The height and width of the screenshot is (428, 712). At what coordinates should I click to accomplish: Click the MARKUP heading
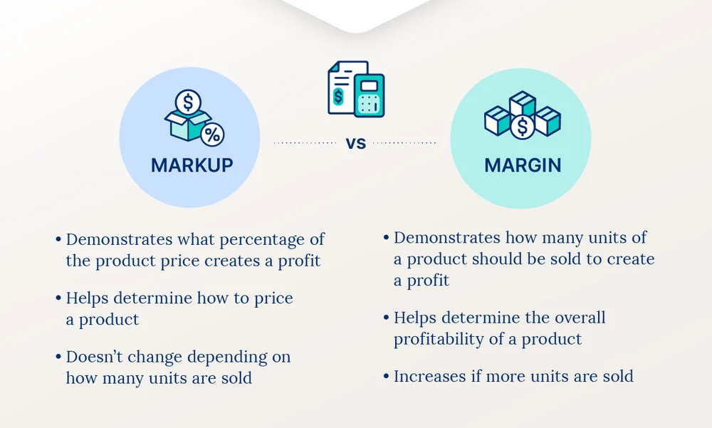click(192, 165)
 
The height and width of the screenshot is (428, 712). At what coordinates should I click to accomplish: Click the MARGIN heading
click(523, 165)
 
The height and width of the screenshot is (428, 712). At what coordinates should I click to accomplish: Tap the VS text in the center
click(356, 143)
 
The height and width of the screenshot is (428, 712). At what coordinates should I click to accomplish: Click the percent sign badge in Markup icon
click(212, 134)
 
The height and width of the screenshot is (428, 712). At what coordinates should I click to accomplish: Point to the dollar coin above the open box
click(188, 102)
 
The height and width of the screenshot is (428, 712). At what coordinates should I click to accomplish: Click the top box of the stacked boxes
click(523, 103)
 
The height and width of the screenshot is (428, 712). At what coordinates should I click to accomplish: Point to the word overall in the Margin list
click(571, 317)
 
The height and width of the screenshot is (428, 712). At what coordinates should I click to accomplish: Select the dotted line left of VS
click(305, 143)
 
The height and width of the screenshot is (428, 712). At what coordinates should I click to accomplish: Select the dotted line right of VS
click(404, 143)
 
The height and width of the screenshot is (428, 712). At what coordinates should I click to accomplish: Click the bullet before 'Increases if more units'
click(385, 376)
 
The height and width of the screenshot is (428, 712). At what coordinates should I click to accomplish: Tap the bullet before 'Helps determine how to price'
click(58, 298)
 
